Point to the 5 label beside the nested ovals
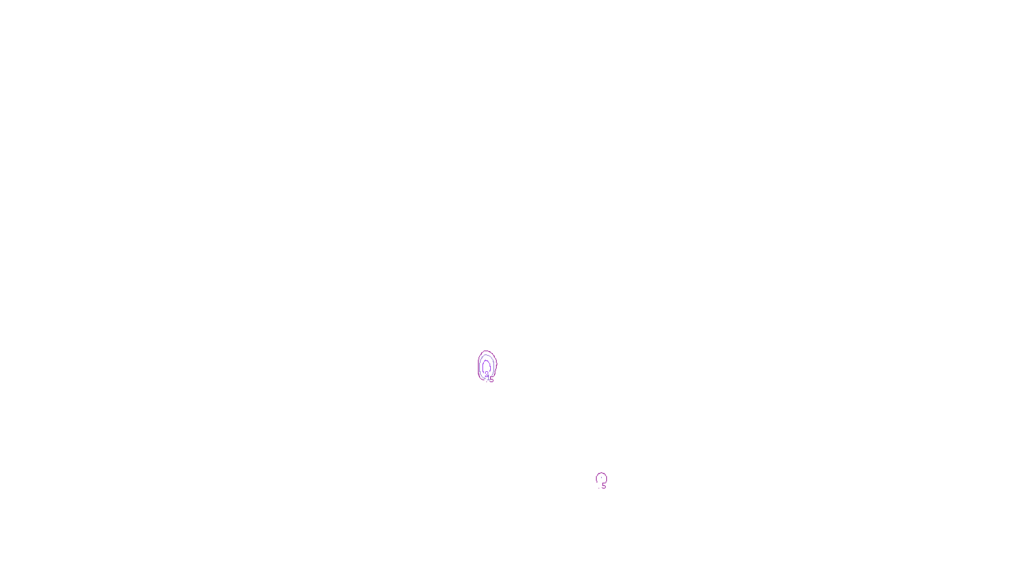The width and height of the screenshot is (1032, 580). click(491, 380)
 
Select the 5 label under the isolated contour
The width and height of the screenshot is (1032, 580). click(604, 486)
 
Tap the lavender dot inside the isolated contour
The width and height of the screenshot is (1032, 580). click(602, 478)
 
